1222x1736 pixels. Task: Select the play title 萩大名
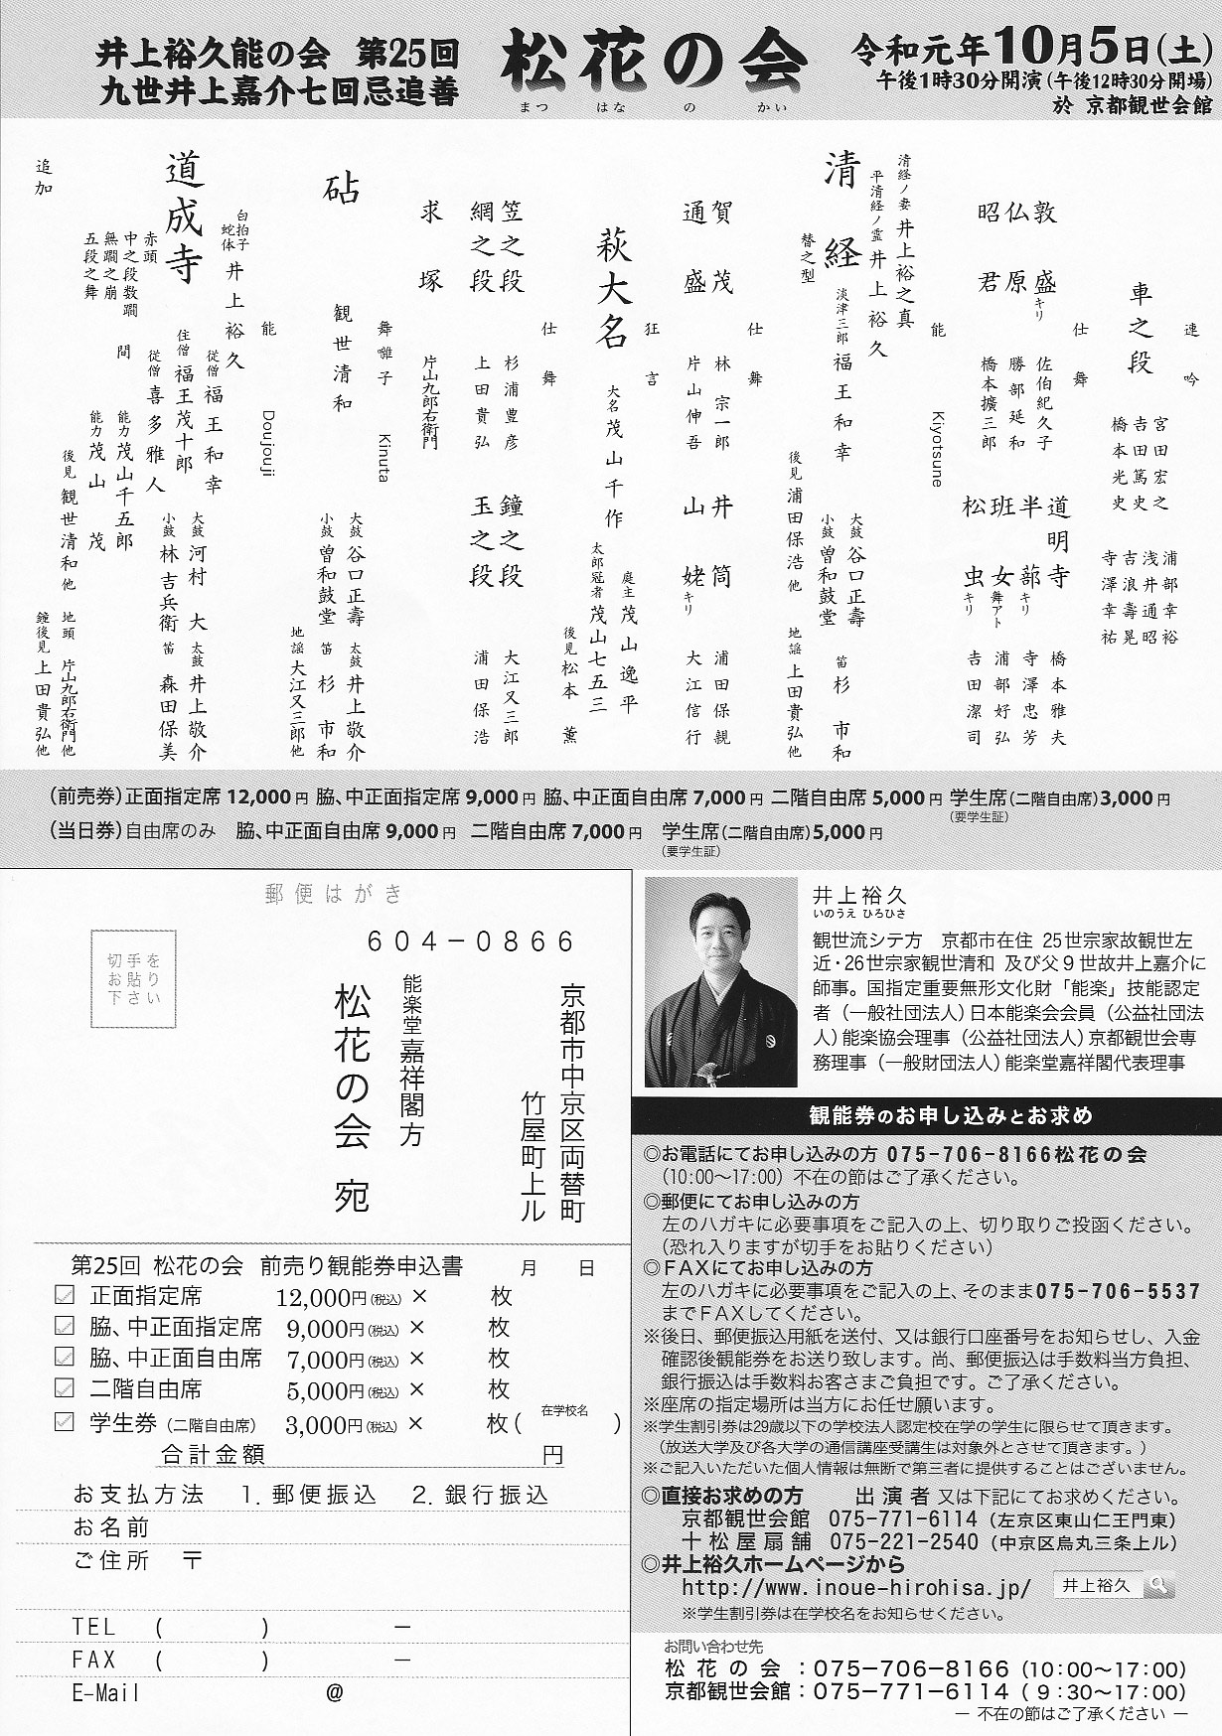[x=612, y=288]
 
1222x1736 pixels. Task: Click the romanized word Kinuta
[x=383, y=458]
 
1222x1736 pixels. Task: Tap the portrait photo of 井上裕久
[x=720, y=981]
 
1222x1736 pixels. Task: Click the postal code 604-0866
[x=471, y=940]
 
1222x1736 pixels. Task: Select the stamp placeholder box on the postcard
[x=133, y=978]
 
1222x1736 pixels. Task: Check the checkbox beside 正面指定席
[x=65, y=1295]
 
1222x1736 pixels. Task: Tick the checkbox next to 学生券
[x=65, y=1421]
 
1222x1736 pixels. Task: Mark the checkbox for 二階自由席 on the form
[x=65, y=1388]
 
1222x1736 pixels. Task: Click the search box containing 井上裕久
[x=1113, y=1586]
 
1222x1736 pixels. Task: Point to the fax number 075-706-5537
[x=1118, y=1292]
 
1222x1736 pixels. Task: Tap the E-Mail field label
[x=106, y=1693]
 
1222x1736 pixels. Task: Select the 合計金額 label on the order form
[x=213, y=1455]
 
